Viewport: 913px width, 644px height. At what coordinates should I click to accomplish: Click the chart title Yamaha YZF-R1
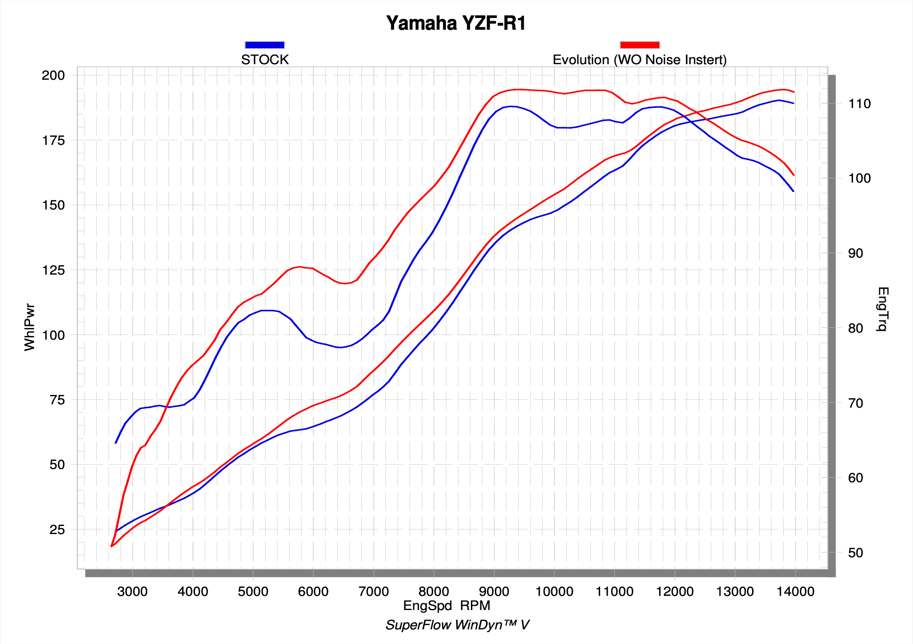(x=456, y=24)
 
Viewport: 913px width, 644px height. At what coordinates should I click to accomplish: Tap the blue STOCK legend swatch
(x=265, y=45)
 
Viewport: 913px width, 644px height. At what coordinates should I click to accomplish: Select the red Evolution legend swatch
(x=639, y=45)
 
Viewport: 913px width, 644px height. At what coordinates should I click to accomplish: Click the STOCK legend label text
(x=265, y=60)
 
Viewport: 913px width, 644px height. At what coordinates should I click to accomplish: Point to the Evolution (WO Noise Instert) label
(x=639, y=60)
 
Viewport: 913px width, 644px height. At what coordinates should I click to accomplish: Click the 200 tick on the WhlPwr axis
(x=53, y=75)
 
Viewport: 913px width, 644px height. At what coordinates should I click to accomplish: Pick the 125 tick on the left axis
(x=53, y=270)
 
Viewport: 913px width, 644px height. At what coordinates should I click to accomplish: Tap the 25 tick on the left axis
(x=57, y=529)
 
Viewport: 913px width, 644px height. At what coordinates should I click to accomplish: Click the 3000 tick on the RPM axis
(x=133, y=592)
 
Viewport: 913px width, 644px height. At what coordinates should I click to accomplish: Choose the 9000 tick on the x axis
(x=494, y=592)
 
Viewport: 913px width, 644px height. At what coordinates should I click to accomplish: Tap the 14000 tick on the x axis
(x=795, y=592)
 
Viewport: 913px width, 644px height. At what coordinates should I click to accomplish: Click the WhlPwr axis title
(x=30, y=327)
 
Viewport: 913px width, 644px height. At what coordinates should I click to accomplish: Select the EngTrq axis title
(x=882, y=309)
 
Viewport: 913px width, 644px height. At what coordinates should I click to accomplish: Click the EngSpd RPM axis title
(x=447, y=606)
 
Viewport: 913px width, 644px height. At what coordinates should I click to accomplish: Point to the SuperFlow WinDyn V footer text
(x=457, y=625)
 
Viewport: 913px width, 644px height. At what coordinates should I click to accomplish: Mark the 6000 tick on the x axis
(x=313, y=592)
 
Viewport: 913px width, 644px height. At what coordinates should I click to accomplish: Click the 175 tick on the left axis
(x=53, y=141)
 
